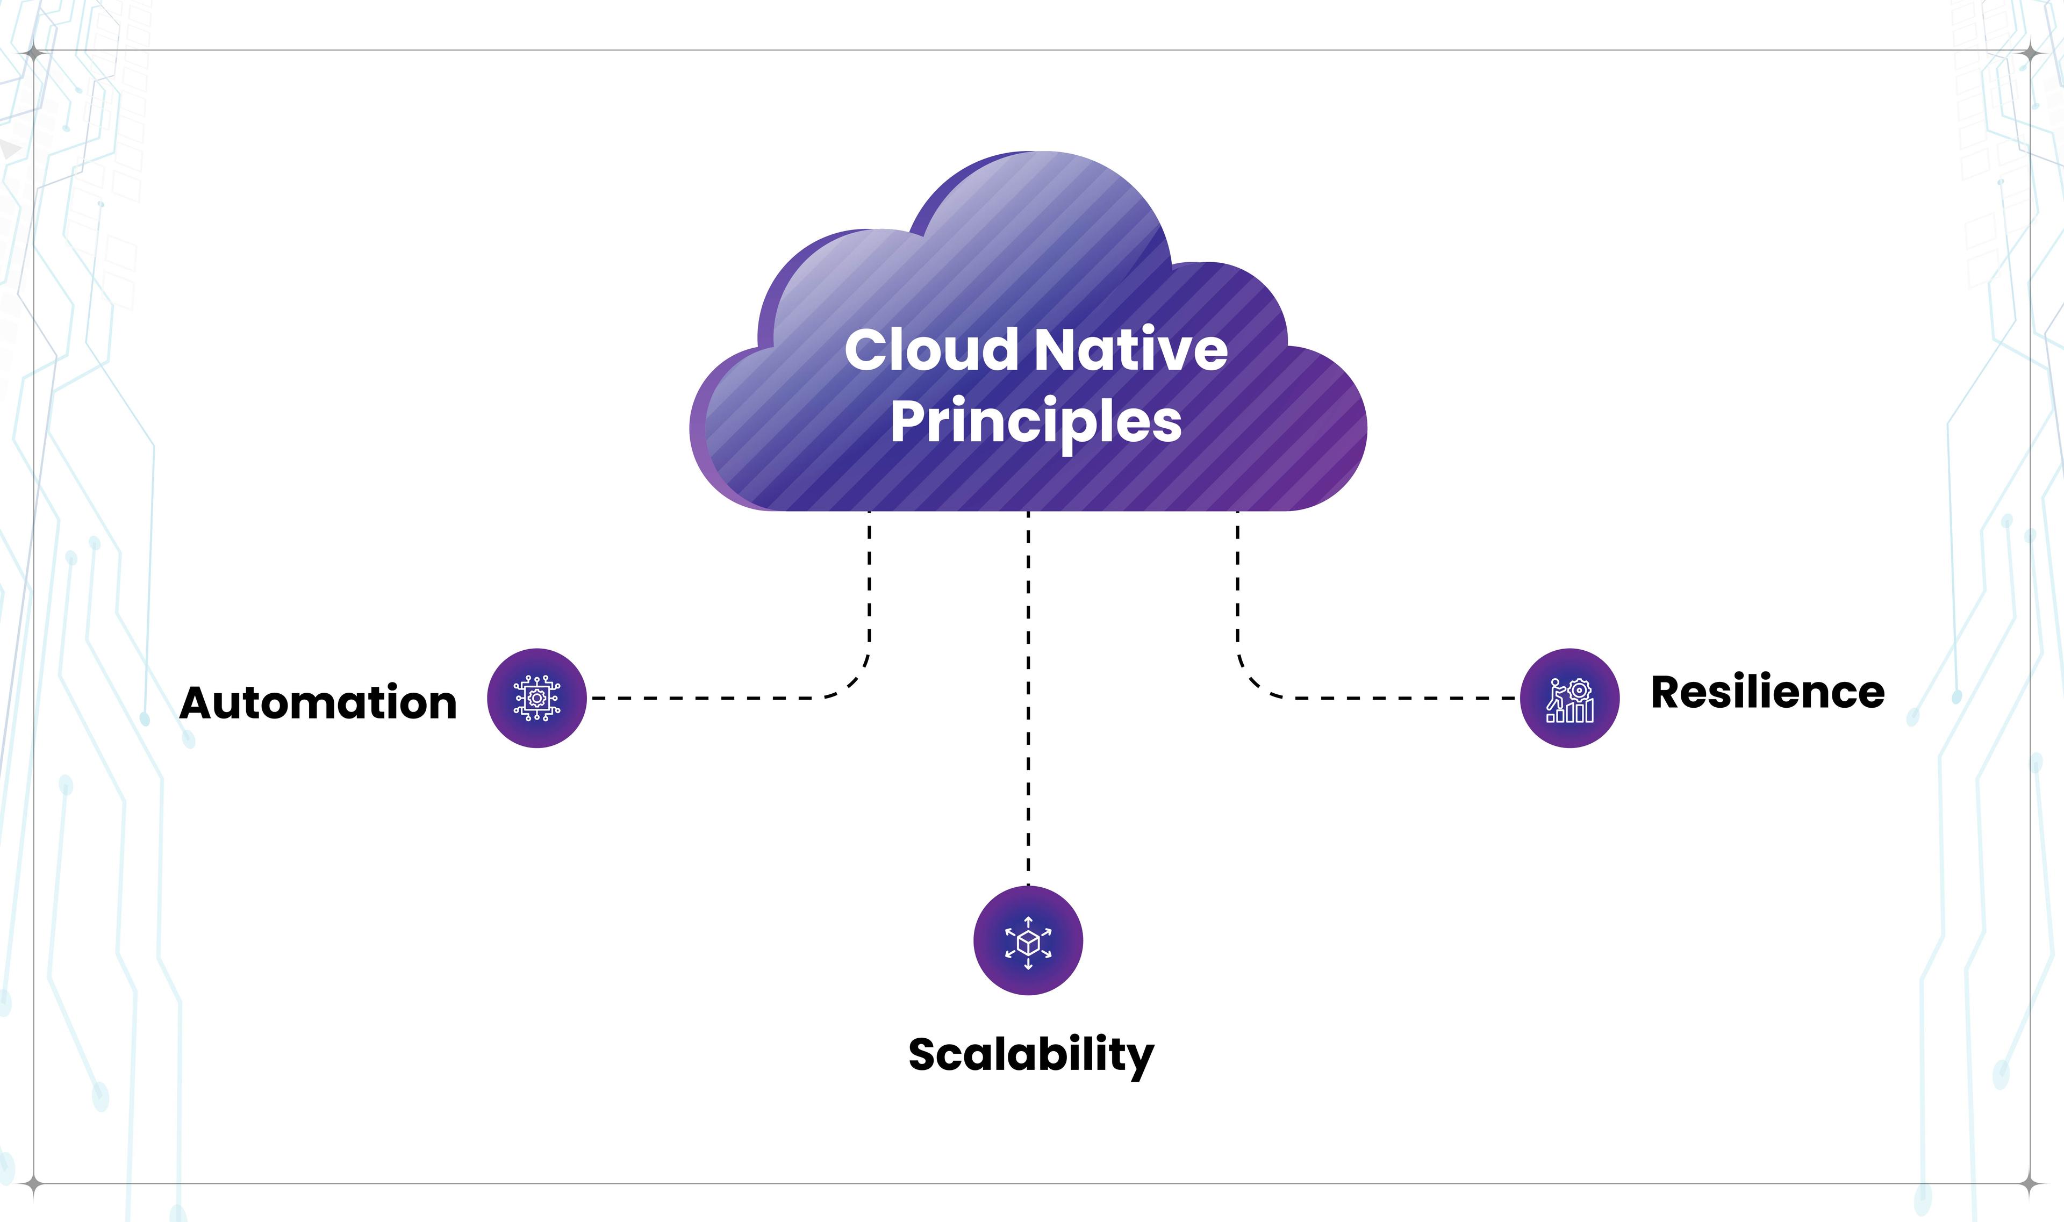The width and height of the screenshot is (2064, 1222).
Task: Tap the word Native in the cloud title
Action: [1131, 350]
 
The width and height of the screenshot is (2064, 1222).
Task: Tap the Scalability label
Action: [1030, 1055]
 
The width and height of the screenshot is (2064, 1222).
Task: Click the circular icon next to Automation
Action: [536, 698]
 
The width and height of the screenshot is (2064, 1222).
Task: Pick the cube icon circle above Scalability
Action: [1028, 940]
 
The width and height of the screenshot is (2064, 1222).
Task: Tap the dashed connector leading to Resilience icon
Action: [1384, 698]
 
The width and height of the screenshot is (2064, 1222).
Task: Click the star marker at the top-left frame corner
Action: [33, 54]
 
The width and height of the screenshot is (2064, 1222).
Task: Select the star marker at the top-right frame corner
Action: [2031, 54]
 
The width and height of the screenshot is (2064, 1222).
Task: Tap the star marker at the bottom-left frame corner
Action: [33, 1185]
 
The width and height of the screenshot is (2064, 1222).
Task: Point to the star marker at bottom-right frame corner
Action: [2031, 1185]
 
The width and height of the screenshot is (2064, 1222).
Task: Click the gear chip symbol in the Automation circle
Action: [536, 698]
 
